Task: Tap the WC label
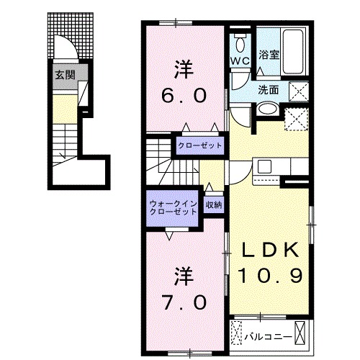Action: point(239,60)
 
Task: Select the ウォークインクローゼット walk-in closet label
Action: point(173,209)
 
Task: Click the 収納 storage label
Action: point(214,206)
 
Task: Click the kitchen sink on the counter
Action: point(264,166)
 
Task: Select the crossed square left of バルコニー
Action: point(238,336)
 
